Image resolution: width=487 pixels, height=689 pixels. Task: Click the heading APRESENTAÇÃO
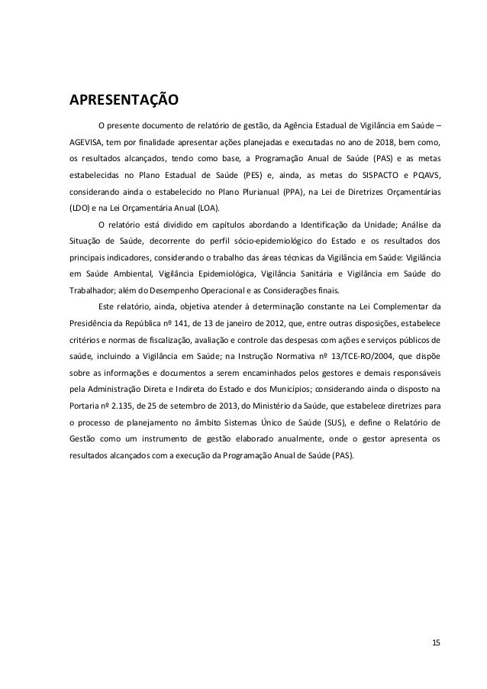124,100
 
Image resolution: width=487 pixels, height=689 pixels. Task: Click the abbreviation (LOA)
205,208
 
